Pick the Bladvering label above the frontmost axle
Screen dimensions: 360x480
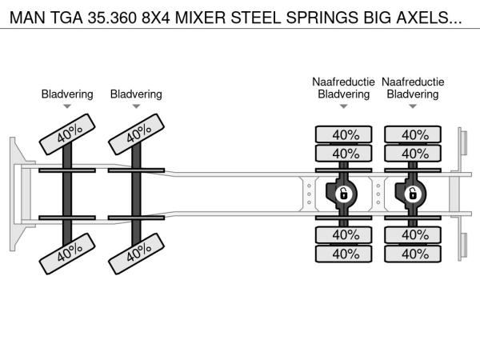pos(67,94)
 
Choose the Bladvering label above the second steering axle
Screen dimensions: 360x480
pos(136,94)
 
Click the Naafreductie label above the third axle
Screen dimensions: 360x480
pos(344,82)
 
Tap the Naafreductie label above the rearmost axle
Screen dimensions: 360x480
pos(413,82)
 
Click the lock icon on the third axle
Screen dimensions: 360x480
pos(344,194)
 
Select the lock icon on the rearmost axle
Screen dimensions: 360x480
pos(413,194)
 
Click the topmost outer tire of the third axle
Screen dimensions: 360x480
pos(345,134)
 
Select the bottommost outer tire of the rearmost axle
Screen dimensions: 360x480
pos(414,254)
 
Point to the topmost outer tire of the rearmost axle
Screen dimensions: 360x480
pos(414,134)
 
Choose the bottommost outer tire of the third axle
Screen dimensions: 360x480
pos(345,254)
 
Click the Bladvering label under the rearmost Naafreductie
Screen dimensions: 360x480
pos(413,94)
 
